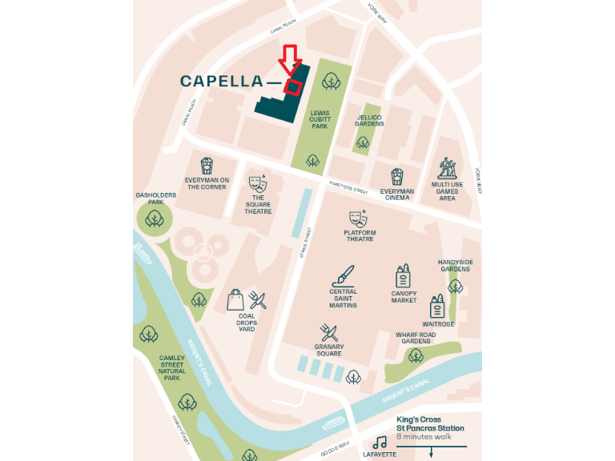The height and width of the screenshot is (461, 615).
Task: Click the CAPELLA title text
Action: (x=221, y=81)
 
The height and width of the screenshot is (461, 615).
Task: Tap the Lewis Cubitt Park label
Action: (x=320, y=119)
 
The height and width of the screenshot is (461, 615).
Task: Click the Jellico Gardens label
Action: (x=370, y=120)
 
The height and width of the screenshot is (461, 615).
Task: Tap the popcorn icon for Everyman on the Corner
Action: (x=207, y=166)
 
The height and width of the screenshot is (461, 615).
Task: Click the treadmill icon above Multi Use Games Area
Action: (x=447, y=168)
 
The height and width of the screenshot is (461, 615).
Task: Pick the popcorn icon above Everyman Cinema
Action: (x=397, y=177)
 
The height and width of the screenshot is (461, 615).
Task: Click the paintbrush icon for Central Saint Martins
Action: (x=343, y=276)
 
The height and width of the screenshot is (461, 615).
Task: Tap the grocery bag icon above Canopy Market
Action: (x=403, y=277)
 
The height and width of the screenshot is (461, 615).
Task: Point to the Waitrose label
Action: (x=438, y=324)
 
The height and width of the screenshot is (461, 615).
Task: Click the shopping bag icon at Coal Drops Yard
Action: (x=235, y=300)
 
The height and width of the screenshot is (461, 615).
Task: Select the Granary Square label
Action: (x=328, y=350)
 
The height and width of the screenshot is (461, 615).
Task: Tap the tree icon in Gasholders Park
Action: (x=154, y=218)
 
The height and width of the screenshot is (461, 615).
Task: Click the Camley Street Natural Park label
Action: (x=172, y=367)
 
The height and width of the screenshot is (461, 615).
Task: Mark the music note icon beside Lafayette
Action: (x=380, y=442)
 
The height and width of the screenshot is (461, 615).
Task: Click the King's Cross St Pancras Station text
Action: (x=430, y=423)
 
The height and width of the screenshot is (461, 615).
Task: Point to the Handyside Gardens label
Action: (x=455, y=266)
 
